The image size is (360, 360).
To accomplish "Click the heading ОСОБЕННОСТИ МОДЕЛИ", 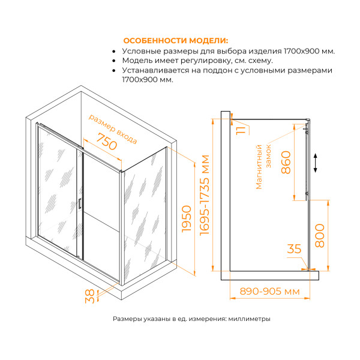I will click(175, 41).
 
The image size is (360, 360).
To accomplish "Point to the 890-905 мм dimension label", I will click(269, 291).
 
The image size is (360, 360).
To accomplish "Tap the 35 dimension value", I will click(294, 248).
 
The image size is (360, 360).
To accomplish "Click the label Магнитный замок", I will click(264, 167).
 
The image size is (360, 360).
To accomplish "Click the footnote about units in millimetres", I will click(191, 319).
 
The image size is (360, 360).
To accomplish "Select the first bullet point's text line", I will click(229, 51).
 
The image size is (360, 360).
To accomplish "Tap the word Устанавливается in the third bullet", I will click(152, 70).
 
